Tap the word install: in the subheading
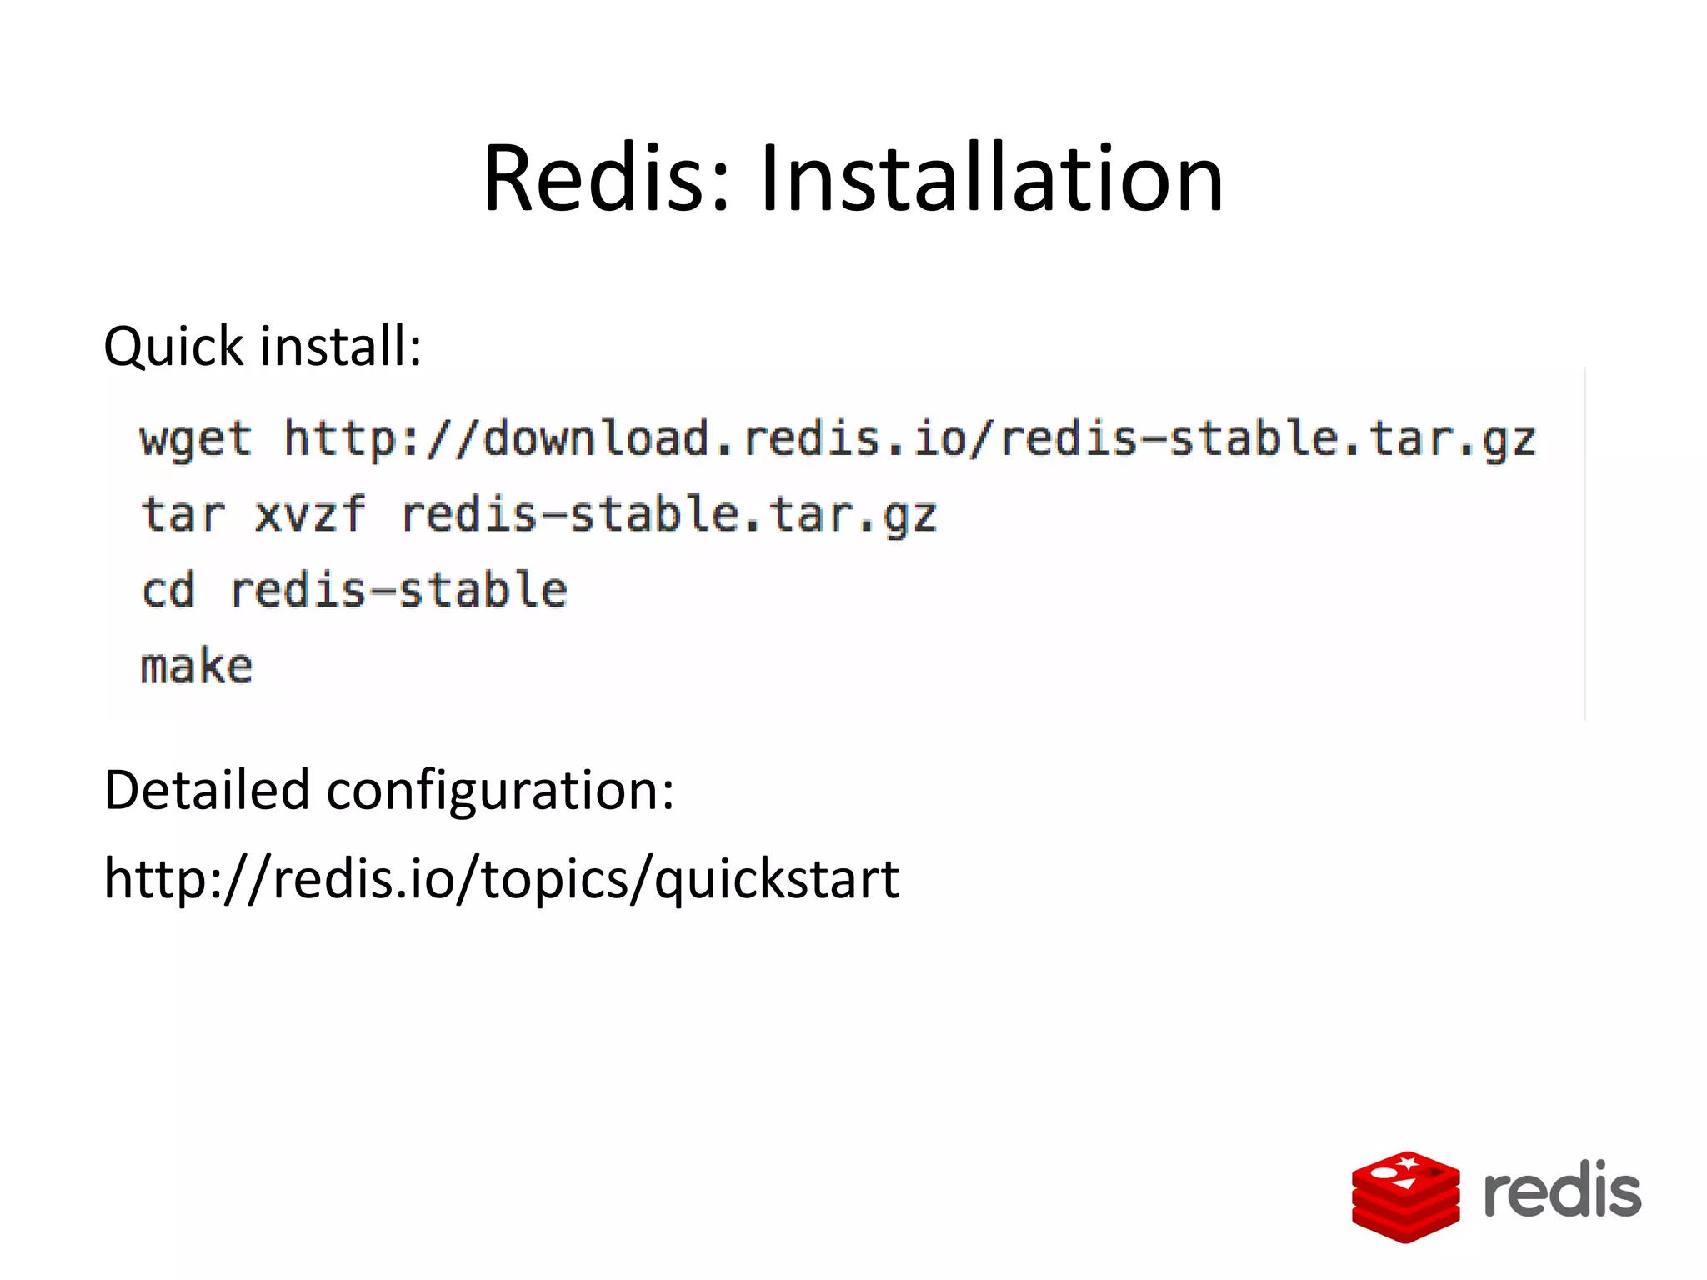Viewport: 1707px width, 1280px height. pyautogui.click(x=341, y=345)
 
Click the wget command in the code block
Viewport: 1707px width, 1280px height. pyautogui.click(x=195, y=439)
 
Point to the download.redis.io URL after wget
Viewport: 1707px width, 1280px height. pyautogui.click(x=909, y=439)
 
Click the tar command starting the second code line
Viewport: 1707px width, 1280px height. pyautogui.click(x=183, y=514)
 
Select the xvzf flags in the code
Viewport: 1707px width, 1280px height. pyautogui.click(x=309, y=514)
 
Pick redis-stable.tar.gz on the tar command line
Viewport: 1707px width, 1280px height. pyautogui.click(x=669, y=514)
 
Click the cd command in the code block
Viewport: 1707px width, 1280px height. pyautogui.click(x=168, y=590)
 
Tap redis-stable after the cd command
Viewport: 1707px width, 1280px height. pyautogui.click(x=398, y=590)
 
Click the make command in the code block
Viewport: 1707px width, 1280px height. pyautogui.click(x=196, y=666)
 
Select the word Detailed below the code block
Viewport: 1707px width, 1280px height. pyautogui.click(x=207, y=790)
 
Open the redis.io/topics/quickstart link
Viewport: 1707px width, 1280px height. pyautogui.click(x=501, y=879)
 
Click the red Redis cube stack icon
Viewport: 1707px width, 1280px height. pyautogui.click(x=1405, y=1197)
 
